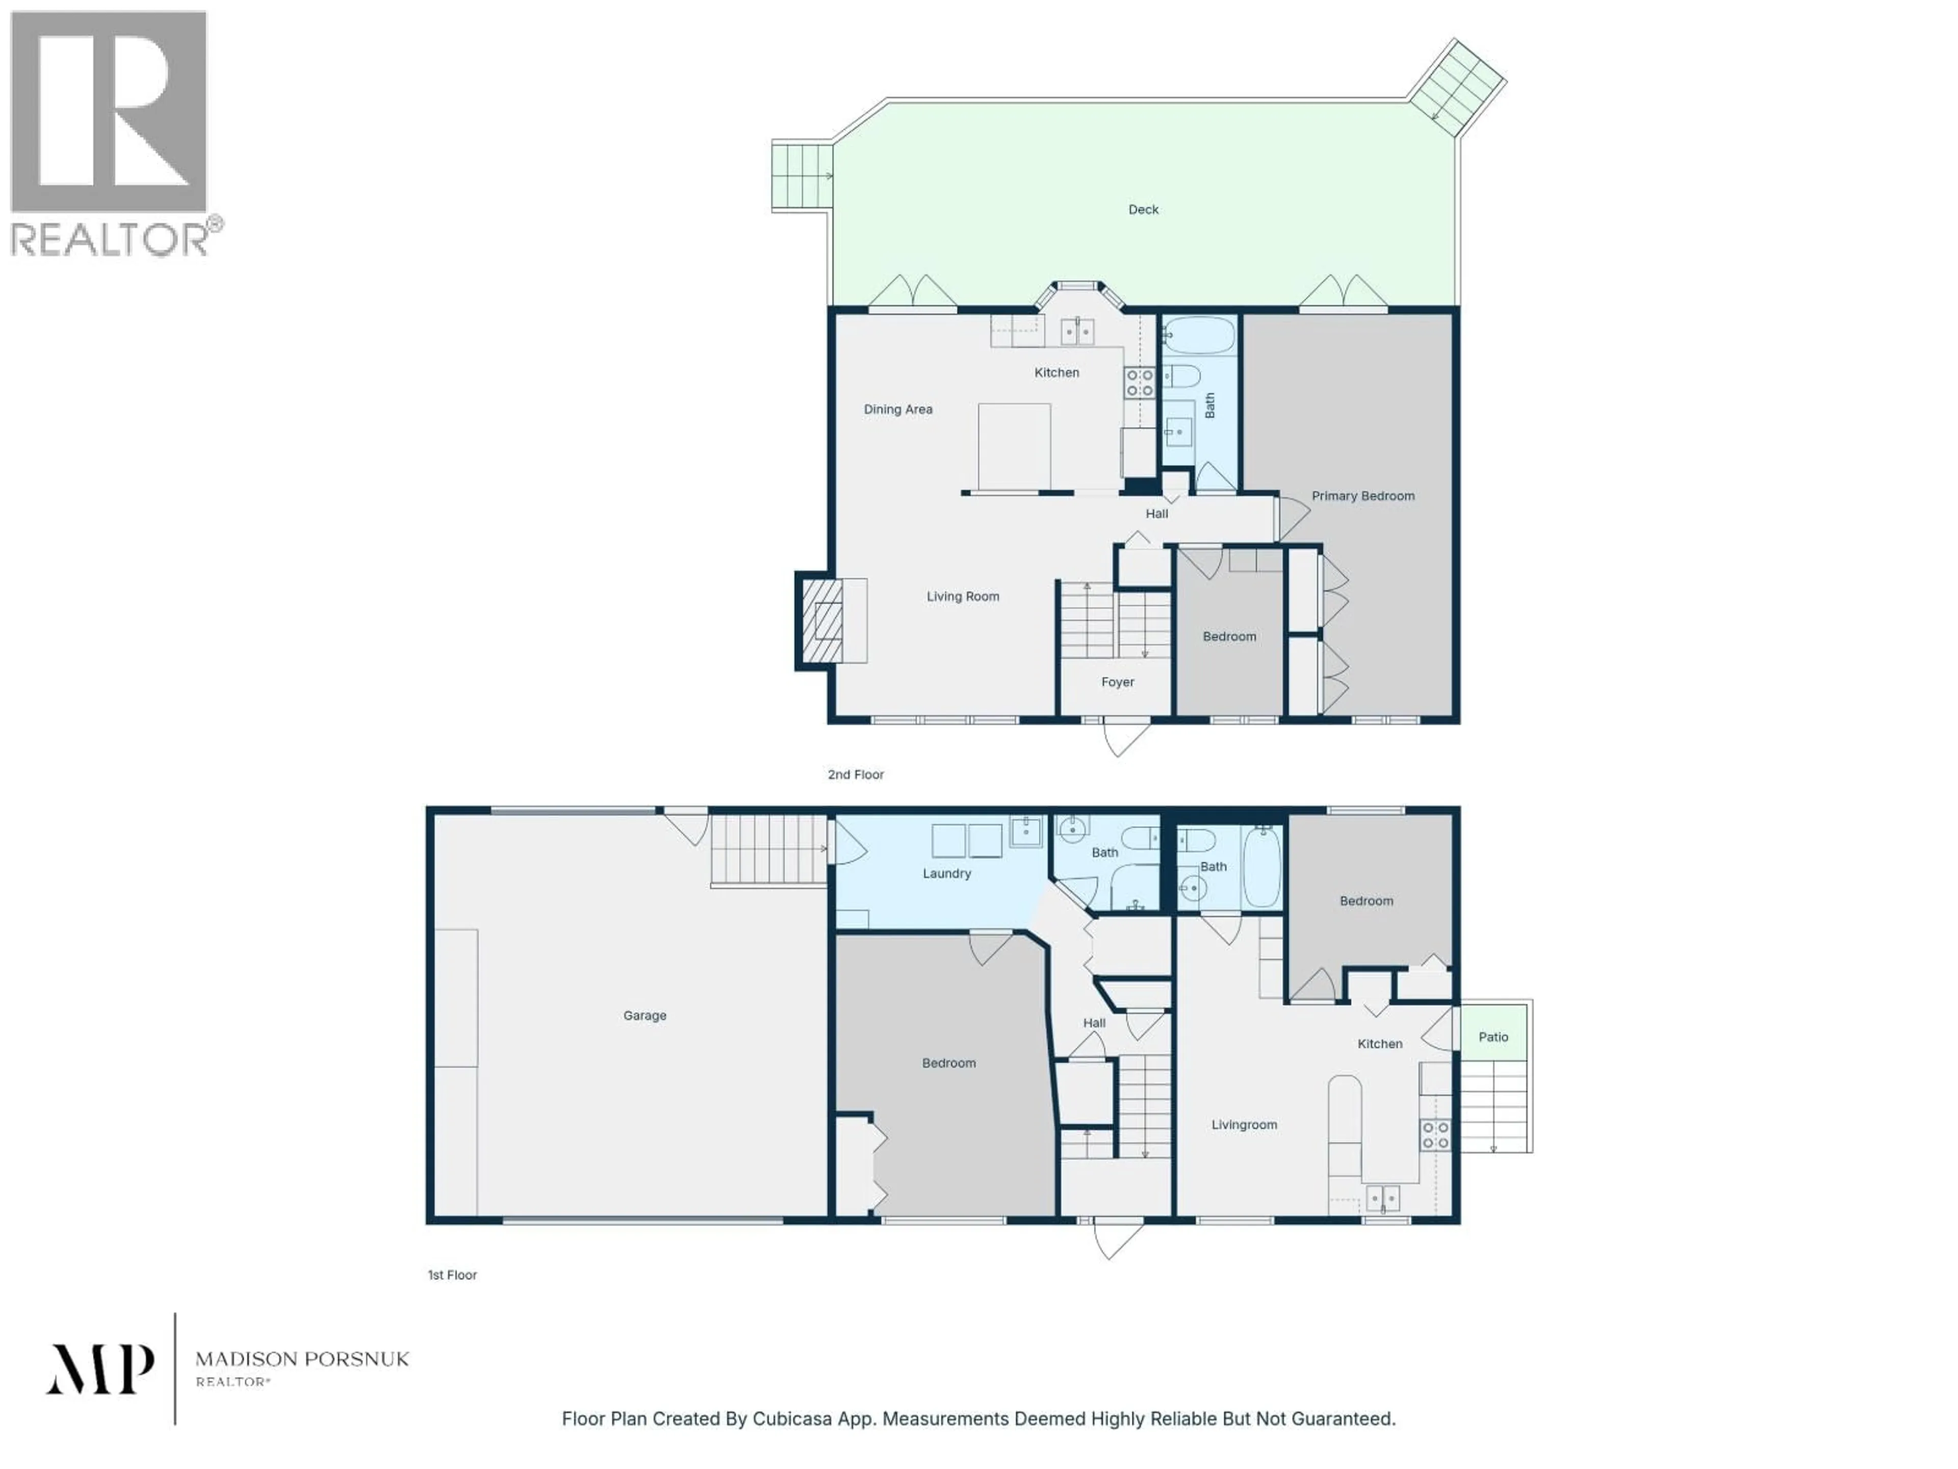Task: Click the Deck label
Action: pyautogui.click(x=1143, y=210)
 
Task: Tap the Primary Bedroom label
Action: pyautogui.click(x=1362, y=496)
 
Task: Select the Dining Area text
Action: pyautogui.click(x=897, y=409)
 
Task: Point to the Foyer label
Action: pyautogui.click(x=1117, y=682)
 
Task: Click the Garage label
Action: pyautogui.click(x=645, y=1016)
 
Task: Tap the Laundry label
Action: pyautogui.click(x=946, y=873)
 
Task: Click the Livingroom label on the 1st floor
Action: pyautogui.click(x=1244, y=1125)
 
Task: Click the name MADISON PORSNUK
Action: pyautogui.click(x=302, y=1359)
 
